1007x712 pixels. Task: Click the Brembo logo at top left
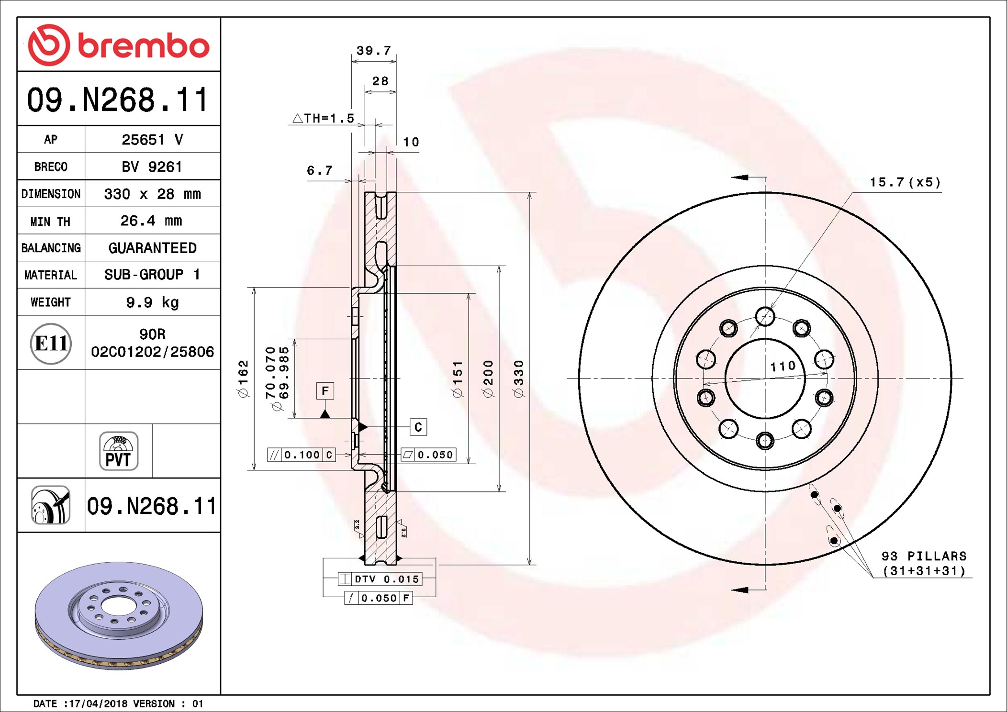coord(118,45)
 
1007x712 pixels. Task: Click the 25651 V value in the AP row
coord(152,140)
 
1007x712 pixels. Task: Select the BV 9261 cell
coord(152,167)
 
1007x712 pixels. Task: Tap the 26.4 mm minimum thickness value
coord(151,221)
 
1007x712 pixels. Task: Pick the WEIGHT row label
coord(51,302)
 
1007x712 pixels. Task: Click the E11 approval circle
coord(51,344)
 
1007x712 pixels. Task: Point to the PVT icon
coord(119,451)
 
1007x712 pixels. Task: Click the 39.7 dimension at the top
coord(374,51)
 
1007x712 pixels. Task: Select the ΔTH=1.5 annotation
coord(324,118)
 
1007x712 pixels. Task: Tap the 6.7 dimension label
coord(319,171)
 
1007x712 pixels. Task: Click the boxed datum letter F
coord(325,391)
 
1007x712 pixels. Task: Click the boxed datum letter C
coord(418,427)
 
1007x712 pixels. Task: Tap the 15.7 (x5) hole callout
coord(905,182)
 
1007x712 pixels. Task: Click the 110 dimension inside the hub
coord(783,367)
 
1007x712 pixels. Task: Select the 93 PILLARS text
coord(924,556)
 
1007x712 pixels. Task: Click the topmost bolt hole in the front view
coord(765,317)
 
